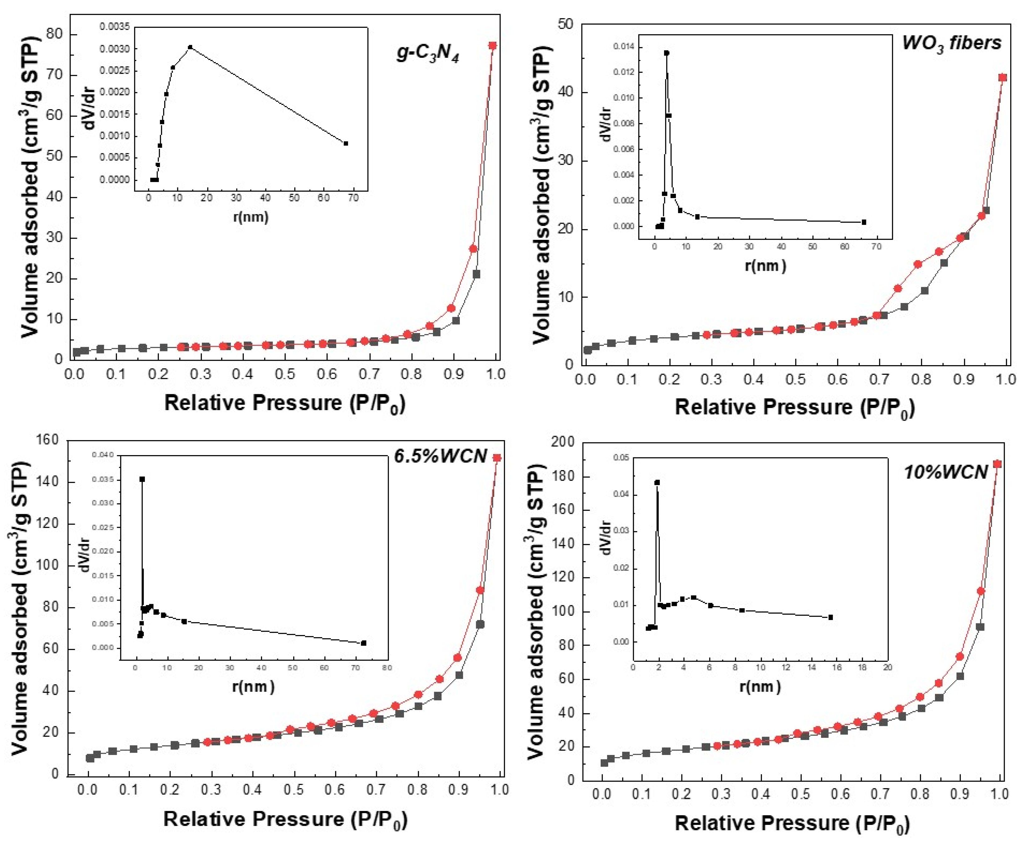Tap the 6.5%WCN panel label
point(440,456)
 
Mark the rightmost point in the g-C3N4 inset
point(346,143)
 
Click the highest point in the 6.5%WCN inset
point(142,479)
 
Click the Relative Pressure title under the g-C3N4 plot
point(284,403)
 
